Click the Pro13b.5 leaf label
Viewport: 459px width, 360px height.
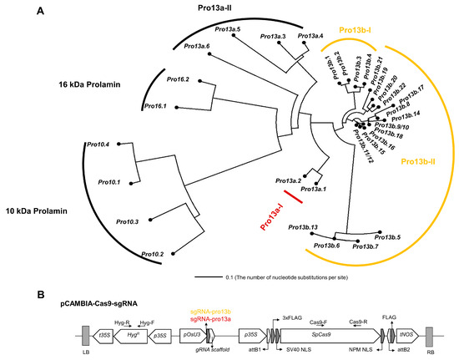click(x=386, y=238)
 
